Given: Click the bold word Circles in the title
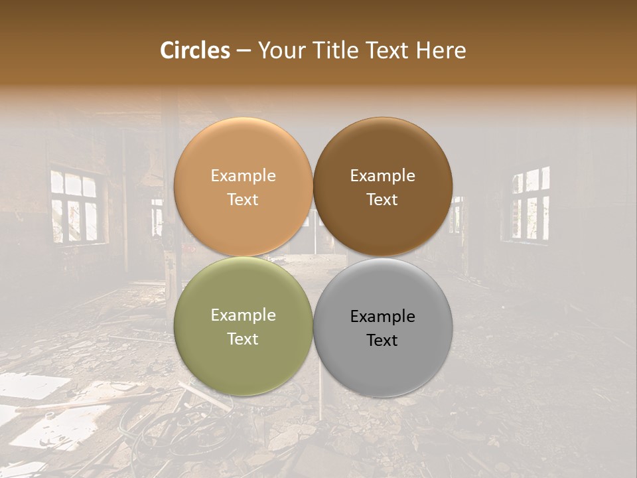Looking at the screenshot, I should point(194,50).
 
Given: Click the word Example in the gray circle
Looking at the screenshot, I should point(382,317).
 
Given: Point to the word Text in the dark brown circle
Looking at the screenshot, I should point(382,200).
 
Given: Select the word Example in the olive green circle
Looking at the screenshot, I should point(243,315).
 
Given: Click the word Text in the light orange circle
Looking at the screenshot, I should point(243,200).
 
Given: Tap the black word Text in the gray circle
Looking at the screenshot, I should point(382,341).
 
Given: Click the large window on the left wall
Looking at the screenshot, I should point(75,206).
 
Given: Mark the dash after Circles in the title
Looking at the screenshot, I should point(243,51).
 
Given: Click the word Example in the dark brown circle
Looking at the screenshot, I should point(382,176).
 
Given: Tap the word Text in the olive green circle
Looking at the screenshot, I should point(243,339).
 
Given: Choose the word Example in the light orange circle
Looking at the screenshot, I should point(243,176).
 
